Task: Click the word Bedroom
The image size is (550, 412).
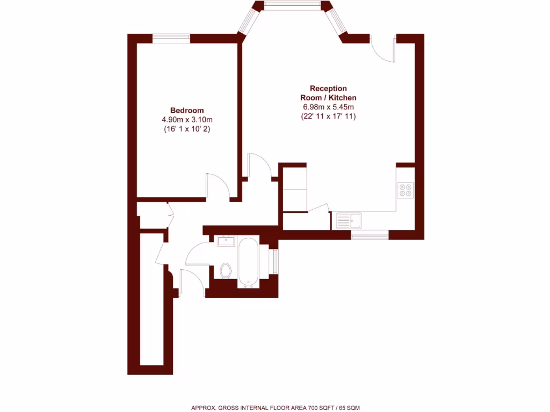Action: click(x=187, y=110)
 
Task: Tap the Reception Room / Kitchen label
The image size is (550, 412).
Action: click(x=328, y=93)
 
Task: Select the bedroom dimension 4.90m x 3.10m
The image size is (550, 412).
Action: click(x=187, y=120)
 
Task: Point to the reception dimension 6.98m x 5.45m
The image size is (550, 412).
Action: click(x=328, y=107)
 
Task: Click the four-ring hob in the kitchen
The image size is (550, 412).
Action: click(x=406, y=190)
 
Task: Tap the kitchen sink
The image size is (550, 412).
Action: click(x=349, y=220)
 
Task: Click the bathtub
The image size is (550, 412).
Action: click(x=248, y=262)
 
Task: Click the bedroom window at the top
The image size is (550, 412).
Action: click(x=171, y=38)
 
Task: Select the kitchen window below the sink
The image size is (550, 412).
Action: click(x=370, y=235)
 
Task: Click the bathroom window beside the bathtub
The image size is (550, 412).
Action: click(x=276, y=261)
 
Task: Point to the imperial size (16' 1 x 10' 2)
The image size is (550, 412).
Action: click(x=187, y=129)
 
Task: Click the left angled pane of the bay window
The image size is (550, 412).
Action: click(x=248, y=21)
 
